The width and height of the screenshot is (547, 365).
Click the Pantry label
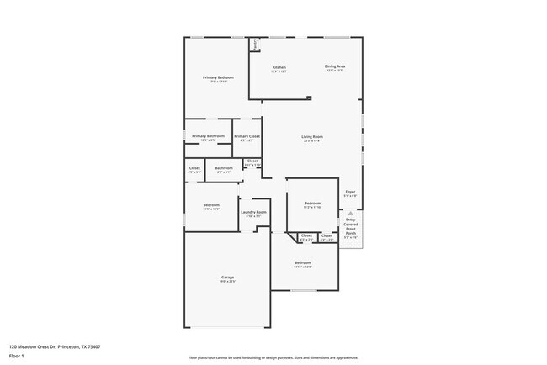tap(255, 44)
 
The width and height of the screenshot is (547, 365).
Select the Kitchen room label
tap(279, 68)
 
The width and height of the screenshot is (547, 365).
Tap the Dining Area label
tap(335, 67)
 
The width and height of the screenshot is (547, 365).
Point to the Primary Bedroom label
tap(218, 78)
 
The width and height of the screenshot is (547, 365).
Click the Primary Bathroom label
tap(207, 137)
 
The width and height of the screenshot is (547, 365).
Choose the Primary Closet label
tap(247, 137)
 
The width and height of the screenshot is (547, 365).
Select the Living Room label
tap(312, 138)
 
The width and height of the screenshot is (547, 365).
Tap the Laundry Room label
tap(253, 213)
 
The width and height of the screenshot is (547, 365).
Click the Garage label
tap(226, 278)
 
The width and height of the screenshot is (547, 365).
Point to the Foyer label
tap(350, 193)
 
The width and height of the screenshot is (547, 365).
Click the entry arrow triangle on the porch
tap(350, 214)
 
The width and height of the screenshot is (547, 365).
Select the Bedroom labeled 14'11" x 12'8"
tap(303, 264)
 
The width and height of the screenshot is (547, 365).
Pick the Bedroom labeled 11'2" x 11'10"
tap(312, 204)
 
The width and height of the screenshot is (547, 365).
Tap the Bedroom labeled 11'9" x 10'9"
tap(211, 206)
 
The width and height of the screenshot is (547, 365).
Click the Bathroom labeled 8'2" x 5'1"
tap(223, 169)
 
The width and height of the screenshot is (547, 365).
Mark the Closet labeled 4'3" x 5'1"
tap(194, 169)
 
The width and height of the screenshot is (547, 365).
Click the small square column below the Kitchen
tap(309, 98)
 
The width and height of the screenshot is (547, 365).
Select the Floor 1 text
tap(17, 355)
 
